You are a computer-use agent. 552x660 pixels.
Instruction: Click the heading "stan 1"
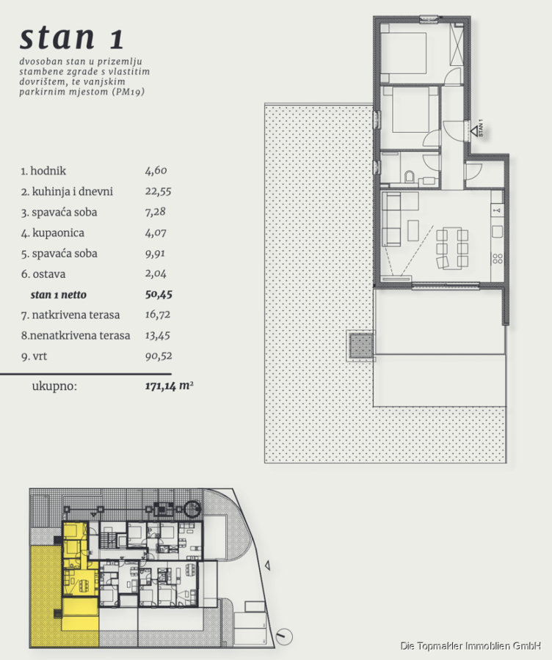[72, 37]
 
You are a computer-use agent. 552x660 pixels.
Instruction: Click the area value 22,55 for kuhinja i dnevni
[158, 191]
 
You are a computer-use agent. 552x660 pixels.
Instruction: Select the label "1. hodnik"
[43, 171]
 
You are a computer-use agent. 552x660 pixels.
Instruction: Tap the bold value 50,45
[159, 294]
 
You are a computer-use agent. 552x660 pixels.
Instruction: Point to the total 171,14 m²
[169, 386]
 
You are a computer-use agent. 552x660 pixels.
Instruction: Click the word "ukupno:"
[54, 386]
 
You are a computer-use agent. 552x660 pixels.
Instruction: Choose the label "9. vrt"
[34, 356]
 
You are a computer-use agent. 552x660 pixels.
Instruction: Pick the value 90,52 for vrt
[159, 356]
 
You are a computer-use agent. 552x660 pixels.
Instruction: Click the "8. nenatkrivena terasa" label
[76, 335]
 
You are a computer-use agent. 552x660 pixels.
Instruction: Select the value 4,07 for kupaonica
[156, 232]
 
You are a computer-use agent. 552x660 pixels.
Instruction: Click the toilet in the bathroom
[410, 177]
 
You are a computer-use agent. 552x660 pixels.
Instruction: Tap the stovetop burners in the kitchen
[497, 258]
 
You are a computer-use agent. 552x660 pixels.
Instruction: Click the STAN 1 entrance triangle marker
[474, 131]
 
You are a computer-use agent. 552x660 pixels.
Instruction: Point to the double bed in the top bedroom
[404, 53]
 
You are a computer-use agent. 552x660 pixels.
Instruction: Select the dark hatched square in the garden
[361, 345]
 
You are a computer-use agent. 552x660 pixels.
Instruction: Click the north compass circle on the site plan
[284, 637]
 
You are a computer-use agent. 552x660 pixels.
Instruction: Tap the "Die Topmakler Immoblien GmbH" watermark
[471, 645]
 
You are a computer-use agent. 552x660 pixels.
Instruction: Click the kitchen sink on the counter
[497, 232]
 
